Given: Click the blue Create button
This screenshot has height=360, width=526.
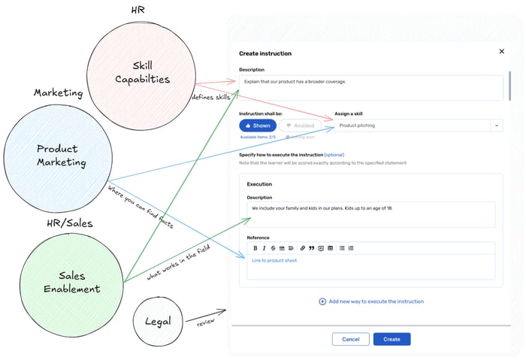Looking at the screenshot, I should pos(391,339).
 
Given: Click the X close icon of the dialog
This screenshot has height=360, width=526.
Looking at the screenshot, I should pos(502,52).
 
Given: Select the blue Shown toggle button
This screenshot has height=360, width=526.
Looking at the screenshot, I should pos(258,126).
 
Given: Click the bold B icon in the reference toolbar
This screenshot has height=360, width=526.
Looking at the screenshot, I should pos(255,247).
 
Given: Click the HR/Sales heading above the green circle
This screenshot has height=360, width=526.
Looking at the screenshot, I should pos(68,223).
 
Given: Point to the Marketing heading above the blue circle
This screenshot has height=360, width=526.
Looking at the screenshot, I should pos(58,92).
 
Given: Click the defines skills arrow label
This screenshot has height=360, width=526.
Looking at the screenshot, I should pos(211,97).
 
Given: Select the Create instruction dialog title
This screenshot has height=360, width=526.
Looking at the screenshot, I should pos(265,53).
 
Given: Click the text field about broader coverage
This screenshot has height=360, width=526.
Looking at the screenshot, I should pos(370,86).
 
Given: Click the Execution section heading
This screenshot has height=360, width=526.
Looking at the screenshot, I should pos(259,183).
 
